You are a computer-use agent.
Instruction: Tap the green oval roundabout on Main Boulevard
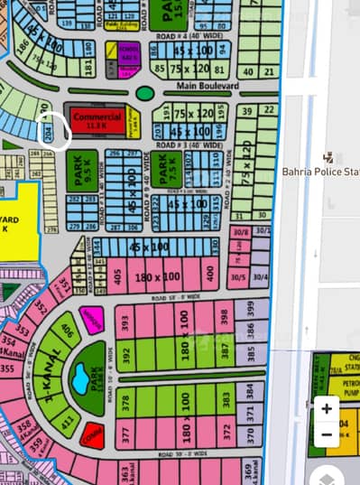pos(143,93)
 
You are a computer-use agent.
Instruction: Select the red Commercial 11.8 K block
pos(99,121)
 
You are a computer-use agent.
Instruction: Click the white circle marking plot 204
pos(56,132)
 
